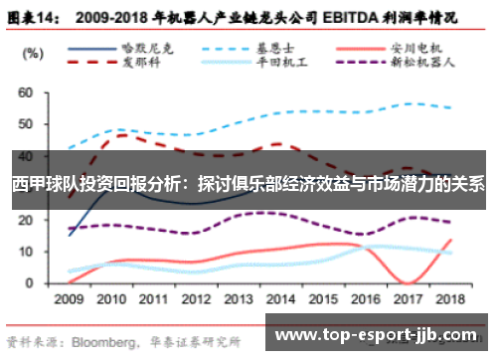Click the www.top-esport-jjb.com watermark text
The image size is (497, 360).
point(380,335)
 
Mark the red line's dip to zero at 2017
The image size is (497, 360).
point(409,282)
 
